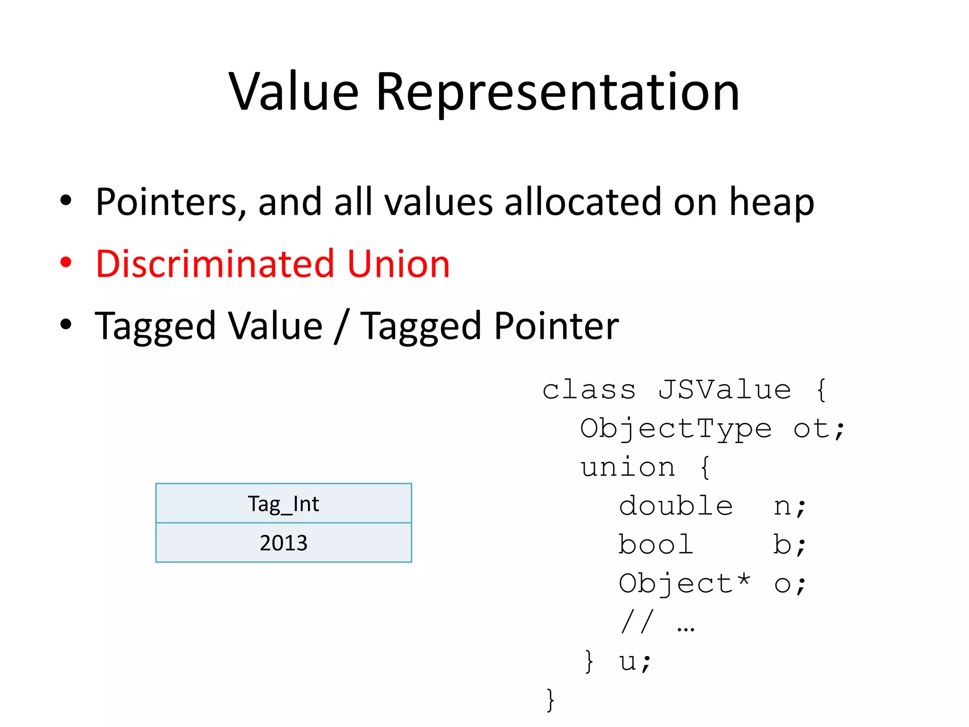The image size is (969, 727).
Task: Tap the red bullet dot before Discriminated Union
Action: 66,263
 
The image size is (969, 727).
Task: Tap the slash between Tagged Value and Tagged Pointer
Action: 341,326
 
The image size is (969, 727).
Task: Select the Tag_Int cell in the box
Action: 283,504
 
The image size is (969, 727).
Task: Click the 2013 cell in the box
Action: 283,543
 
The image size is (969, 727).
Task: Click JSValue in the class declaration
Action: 724,390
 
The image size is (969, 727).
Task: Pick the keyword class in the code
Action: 589,390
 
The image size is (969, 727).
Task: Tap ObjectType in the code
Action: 676,429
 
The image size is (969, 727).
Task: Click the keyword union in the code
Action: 628,468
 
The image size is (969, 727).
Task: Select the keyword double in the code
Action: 676,506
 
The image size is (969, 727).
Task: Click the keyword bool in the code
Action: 656,545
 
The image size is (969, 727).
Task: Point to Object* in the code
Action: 685,584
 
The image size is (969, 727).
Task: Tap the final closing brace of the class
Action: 550,700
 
